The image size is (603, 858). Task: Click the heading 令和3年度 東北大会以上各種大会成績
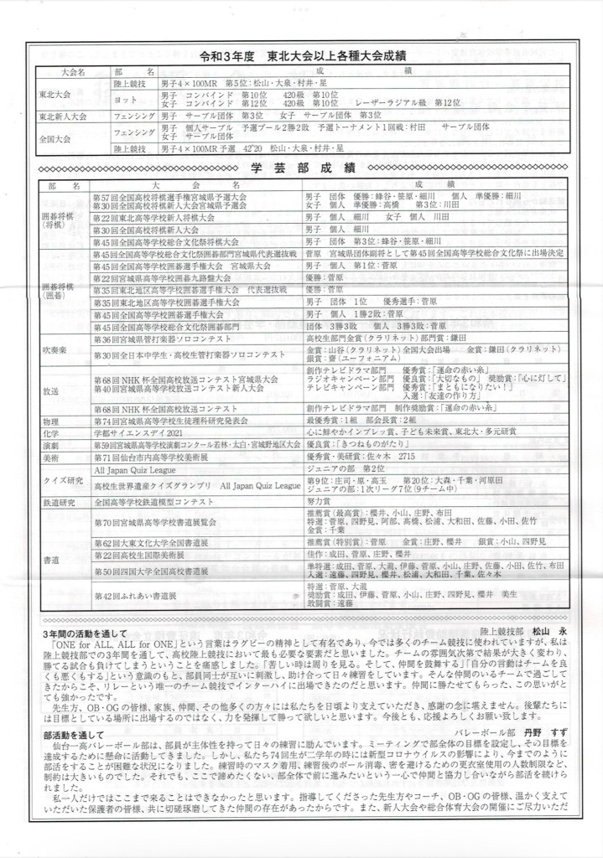coord(303,57)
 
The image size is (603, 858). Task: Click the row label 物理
coord(51,419)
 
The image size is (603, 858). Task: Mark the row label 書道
coord(51,559)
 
